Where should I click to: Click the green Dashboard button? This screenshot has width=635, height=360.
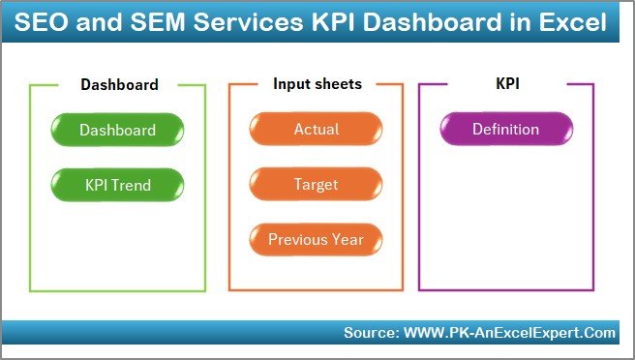(117, 130)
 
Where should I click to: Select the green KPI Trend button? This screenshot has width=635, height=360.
(117, 184)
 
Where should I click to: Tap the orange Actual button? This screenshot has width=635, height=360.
(316, 130)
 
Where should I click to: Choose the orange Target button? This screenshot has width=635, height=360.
(316, 184)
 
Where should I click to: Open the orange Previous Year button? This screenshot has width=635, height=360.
(316, 239)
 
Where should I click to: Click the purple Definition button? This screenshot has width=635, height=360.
(505, 130)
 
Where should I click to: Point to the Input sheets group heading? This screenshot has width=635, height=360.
(317, 84)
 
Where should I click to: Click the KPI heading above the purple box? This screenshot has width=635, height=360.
(506, 84)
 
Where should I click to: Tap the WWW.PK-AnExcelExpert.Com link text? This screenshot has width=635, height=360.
(508, 333)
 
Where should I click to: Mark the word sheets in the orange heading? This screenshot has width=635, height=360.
(338, 84)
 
